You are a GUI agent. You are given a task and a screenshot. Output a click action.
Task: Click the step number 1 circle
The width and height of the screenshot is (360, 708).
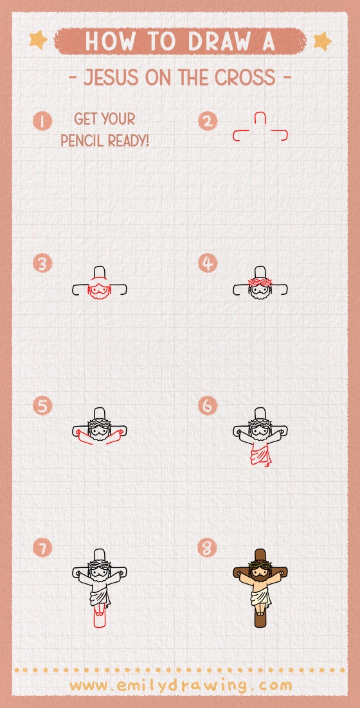tap(42, 121)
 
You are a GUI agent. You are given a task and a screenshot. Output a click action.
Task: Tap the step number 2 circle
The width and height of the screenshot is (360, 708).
tap(208, 121)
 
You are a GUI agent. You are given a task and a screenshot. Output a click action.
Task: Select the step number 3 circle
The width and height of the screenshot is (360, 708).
tap(42, 263)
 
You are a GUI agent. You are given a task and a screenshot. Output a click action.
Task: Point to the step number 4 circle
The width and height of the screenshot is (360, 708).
tap(208, 263)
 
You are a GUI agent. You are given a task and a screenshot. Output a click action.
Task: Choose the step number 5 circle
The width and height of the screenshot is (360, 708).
tap(42, 405)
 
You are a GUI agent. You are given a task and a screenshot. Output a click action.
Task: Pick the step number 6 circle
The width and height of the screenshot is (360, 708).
tap(208, 405)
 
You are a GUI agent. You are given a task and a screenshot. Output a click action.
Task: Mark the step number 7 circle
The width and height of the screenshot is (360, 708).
tap(42, 548)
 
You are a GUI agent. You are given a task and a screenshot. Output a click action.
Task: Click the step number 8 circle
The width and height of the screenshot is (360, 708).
tap(208, 548)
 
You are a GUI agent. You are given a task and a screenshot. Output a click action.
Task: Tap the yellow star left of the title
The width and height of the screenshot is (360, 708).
tap(38, 40)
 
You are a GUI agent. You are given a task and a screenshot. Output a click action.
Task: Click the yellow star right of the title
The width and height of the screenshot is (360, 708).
tap(323, 41)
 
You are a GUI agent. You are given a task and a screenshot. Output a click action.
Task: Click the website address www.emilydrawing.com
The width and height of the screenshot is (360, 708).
tap(181, 686)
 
